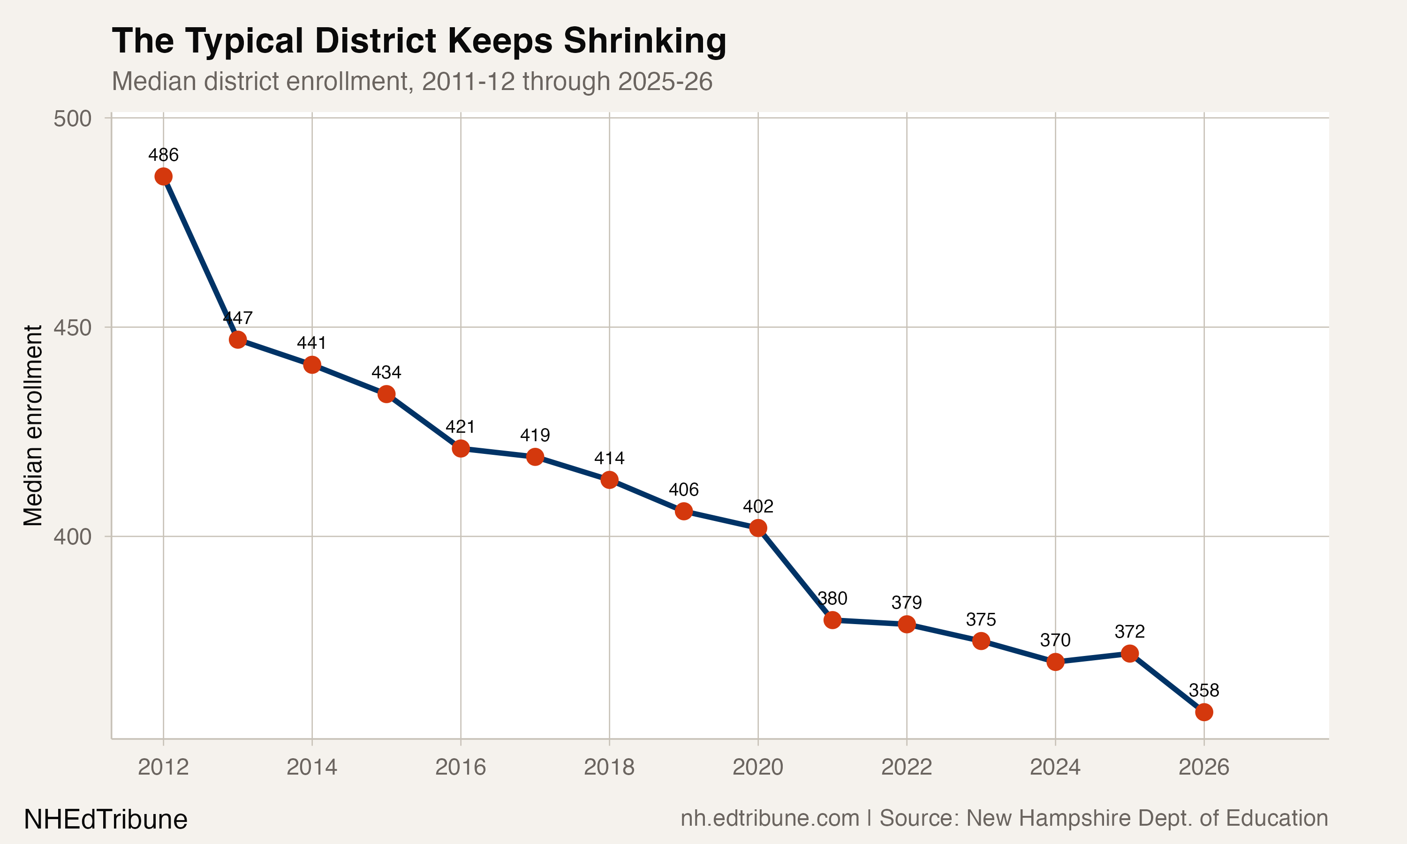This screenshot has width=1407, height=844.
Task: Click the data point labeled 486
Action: (x=163, y=177)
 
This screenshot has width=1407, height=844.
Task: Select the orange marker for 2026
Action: (x=1204, y=712)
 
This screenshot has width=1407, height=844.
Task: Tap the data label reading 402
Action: (x=758, y=506)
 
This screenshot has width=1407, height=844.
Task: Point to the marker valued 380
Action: (x=832, y=620)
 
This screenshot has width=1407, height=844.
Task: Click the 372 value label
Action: (x=1129, y=631)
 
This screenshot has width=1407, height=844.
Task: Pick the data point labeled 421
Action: (x=461, y=448)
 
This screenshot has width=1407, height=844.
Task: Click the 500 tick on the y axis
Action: (x=72, y=119)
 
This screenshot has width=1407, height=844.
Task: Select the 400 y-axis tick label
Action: (x=72, y=537)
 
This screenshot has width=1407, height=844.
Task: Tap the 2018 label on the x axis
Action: (x=609, y=768)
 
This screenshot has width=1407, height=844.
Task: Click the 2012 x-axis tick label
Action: (x=163, y=768)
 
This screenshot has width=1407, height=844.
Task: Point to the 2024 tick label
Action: (x=1055, y=768)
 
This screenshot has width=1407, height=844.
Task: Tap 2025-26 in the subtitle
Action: (x=665, y=81)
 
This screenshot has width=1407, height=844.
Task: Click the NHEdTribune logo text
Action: (x=106, y=820)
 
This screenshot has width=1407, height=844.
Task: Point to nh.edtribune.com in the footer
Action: (x=770, y=818)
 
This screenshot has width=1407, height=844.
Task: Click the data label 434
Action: (x=386, y=372)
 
